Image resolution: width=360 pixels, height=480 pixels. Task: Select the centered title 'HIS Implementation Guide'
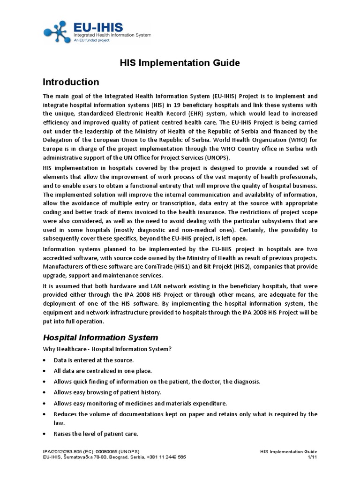pyautogui.click(x=180, y=62)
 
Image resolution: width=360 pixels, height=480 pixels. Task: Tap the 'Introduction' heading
pyautogui.click(x=71, y=82)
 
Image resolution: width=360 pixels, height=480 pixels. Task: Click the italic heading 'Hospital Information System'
pyautogui.click(x=100, y=337)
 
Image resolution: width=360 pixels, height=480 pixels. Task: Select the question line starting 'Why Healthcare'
pyautogui.click(x=108, y=349)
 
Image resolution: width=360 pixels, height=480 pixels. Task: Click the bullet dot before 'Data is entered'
pyautogui.click(x=44, y=360)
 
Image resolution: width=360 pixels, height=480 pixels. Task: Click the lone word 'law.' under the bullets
pyautogui.click(x=59, y=422)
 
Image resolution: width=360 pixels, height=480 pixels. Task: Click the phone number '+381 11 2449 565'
pyautogui.click(x=166, y=457)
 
